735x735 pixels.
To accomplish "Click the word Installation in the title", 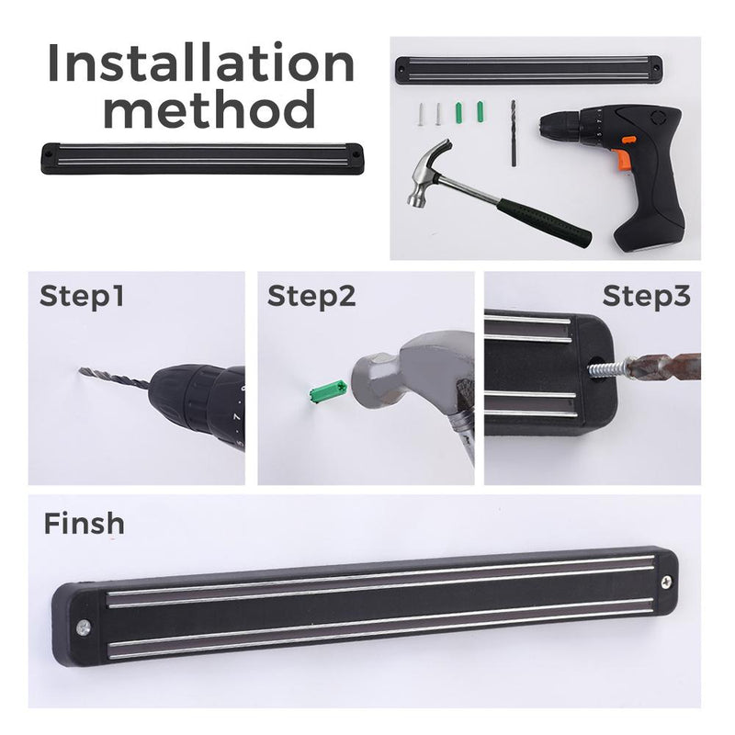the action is pyautogui.click(x=201, y=62).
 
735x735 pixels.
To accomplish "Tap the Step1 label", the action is pyautogui.click(x=82, y=296).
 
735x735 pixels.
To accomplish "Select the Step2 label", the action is pyautogui.click(x=311, y=296).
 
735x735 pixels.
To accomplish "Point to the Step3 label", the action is pyautogui.click(x=647, y=296).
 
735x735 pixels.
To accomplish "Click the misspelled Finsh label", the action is pyautogui.click(x=84, y=523).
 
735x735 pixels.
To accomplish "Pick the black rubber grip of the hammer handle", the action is pyautogui.click(x=544, y=222).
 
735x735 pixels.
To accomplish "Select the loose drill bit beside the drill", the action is pyautogui.click(x=514, y=132).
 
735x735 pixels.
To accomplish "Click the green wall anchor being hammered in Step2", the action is pyautogui.click(x=328, y=390).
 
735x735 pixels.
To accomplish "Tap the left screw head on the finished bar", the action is pyautogui.click(x=84, y=627).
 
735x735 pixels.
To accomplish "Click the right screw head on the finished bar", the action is pyautogui.click(x=665, y=582).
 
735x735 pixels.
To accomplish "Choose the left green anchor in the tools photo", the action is pyautogui.click(x=458, y=113).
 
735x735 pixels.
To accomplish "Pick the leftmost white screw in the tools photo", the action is pyautogui.click(x=421, y=114).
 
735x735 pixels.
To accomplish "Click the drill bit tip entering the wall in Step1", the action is pyautogui.click(x=81, y=370).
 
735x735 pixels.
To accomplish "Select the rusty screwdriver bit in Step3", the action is pyautogui.click(x=663, y=367).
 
